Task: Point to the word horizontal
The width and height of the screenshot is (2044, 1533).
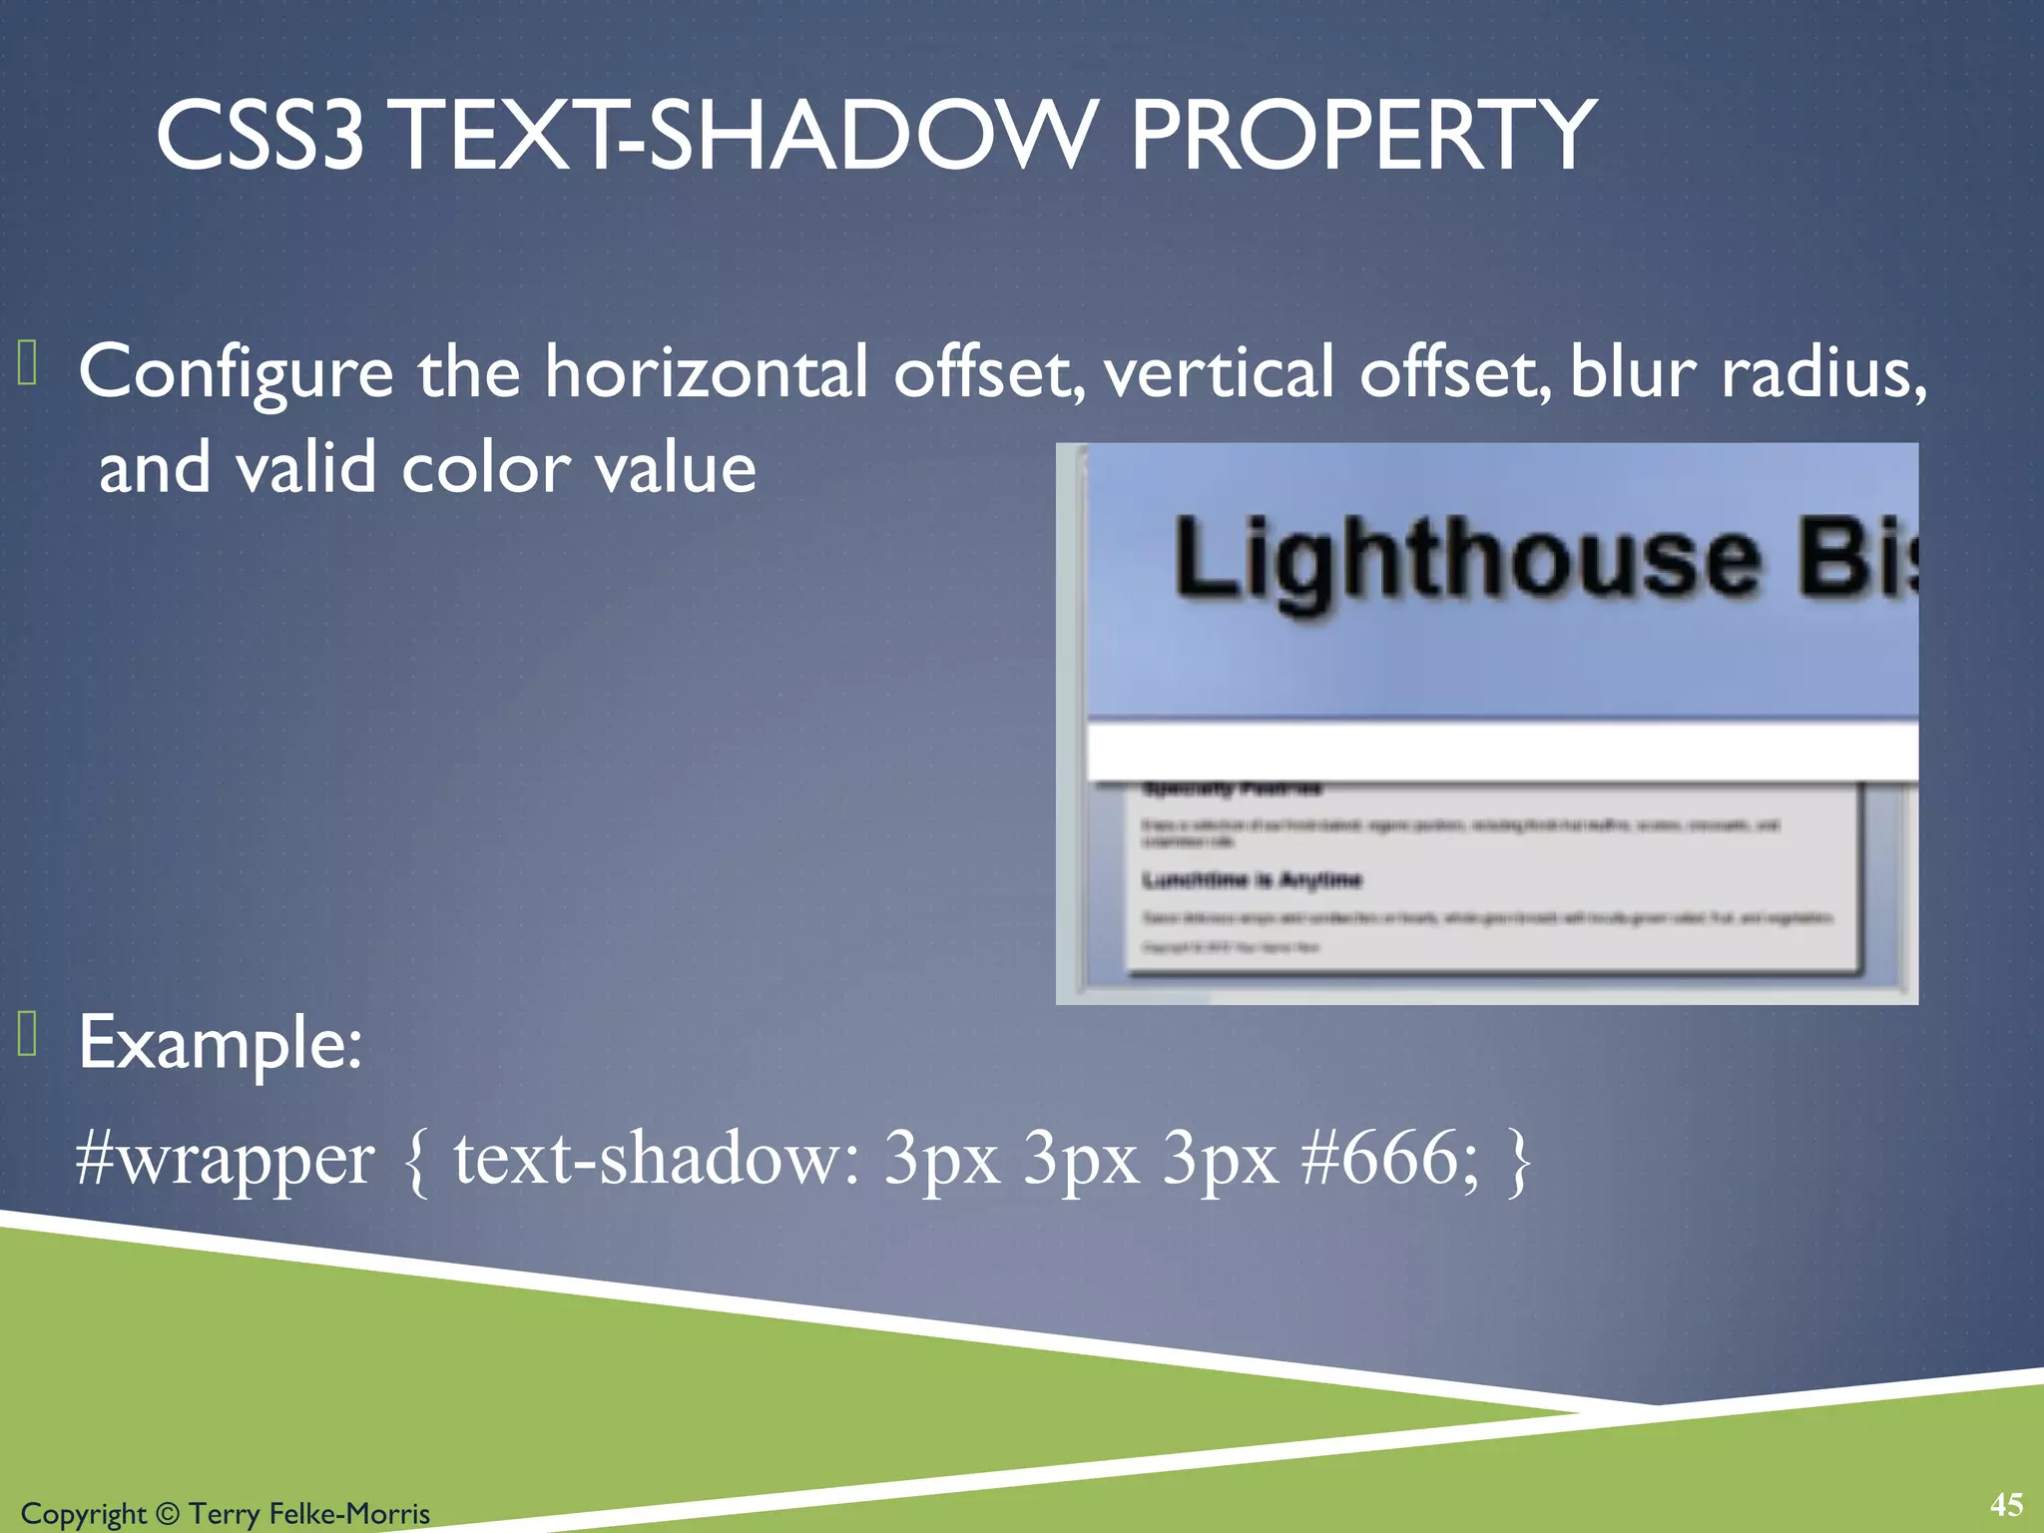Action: point(706,371)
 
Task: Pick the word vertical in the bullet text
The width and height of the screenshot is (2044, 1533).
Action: point(1218,371)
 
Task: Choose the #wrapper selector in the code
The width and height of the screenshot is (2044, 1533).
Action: point(226,1160)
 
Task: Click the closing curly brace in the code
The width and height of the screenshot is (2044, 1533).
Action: point(1519,1162)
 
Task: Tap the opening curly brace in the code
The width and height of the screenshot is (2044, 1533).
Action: point(417,1162)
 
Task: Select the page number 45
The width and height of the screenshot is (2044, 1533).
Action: point(2006,1504)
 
